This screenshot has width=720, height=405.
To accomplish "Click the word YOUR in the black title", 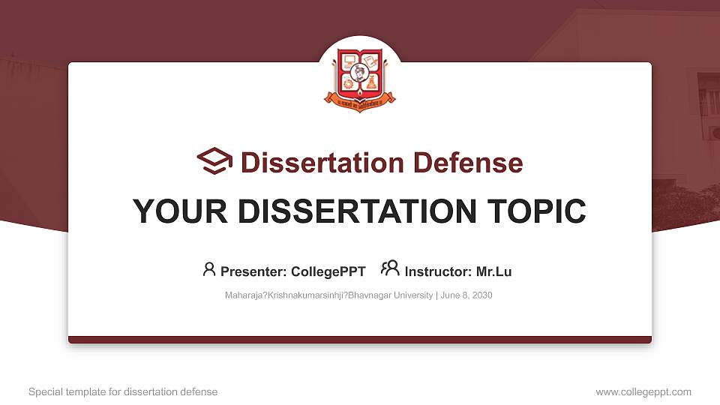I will (172, 211).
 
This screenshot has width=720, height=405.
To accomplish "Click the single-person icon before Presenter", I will (209, 269).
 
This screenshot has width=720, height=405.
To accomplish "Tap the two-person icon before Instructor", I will (390, 268).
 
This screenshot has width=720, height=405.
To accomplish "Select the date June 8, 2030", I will (466, 295).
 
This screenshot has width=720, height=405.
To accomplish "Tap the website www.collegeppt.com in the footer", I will (643, 392).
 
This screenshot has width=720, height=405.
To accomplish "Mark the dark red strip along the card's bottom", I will (360, 340).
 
